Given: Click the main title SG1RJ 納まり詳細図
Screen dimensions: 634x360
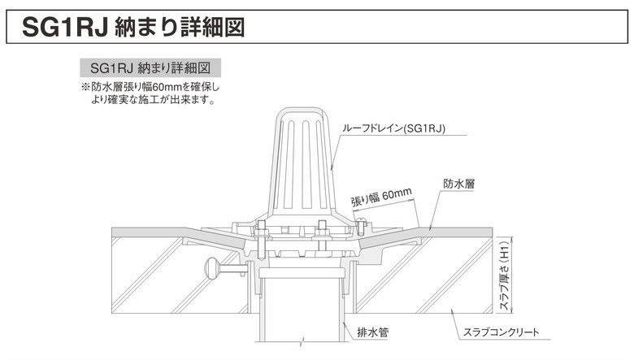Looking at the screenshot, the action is tap(133, 27).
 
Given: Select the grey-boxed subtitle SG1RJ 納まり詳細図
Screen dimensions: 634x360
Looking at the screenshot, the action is tap(150, 67).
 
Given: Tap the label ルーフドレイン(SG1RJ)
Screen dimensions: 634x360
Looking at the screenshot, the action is tap(393, 129).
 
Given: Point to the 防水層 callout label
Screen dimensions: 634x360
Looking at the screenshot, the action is tap(459, 184).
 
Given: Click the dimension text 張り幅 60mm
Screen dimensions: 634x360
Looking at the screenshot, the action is tap(381, 197).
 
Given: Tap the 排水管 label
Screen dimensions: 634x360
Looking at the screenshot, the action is tap(373, 332).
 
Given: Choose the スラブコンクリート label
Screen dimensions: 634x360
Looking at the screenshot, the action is tap(501, 332).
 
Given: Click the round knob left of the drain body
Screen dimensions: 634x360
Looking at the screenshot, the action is tap(212, 268).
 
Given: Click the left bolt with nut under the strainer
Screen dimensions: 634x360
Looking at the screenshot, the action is tap(261, 240).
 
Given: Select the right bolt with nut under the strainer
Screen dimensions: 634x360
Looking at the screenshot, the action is tap(322, 236).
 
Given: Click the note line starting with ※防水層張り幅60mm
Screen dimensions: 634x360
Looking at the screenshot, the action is tap(150, 87).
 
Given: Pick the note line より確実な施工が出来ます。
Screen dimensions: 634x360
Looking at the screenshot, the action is tap(153, 99).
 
